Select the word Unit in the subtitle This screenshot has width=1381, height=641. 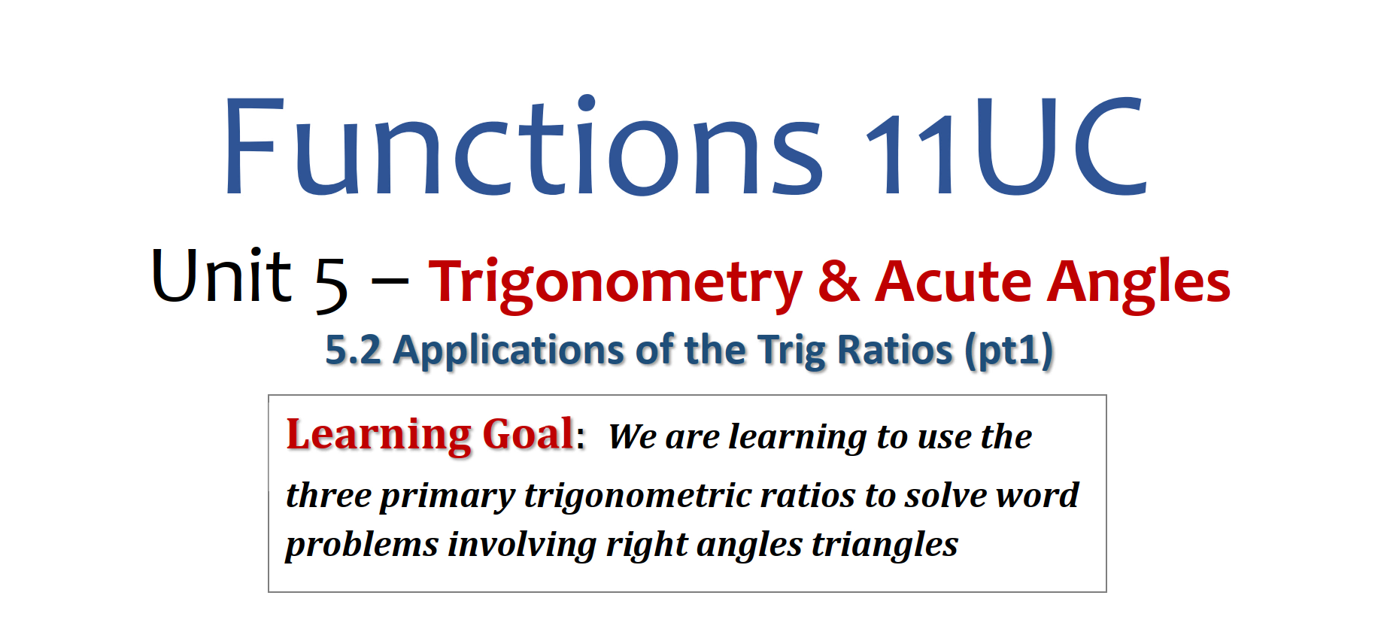pos(221,275)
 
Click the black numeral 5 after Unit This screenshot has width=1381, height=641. pos(331,284)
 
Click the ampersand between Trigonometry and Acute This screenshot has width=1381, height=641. pos(839,280)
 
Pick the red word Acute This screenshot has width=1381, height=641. pos(953,280)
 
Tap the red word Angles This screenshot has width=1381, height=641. pos(1139,283)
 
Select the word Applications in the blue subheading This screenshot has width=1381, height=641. pos(508,351)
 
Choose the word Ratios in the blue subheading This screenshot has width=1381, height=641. pos(895,350)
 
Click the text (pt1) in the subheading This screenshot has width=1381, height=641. pos(1009,351)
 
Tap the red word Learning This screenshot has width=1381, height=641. pos(379,436)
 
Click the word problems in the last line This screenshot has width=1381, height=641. pos(362,545)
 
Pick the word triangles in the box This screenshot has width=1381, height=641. pos(885,545)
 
